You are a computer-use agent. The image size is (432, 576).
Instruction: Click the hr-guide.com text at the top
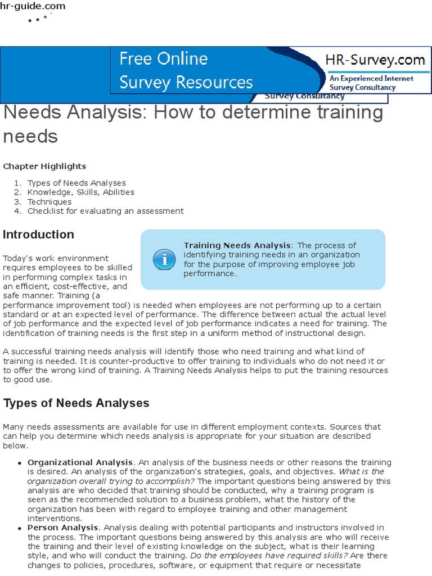tap(33, 6)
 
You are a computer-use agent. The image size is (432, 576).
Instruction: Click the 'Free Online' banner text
tap(163, 58)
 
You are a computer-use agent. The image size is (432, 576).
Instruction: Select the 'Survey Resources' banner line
tap(186, 82)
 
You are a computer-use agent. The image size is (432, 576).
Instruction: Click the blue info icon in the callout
tap(164, 259)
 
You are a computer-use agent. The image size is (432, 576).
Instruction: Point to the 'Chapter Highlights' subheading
tap(44, 166)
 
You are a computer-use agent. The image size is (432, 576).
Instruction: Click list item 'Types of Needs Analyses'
tap(76, 183)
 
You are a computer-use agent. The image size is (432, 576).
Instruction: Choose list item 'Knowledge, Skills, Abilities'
tap(81, 192)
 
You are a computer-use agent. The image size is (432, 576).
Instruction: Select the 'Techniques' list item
tap(49, 201)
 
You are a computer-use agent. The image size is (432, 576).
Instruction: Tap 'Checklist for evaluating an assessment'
tap(105, 211)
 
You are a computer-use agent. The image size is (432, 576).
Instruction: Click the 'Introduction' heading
tap(38, 235)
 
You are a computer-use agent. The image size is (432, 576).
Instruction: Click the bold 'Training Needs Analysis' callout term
tap(237, 245)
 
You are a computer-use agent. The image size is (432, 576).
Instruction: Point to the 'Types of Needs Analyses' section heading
tap(76, 403)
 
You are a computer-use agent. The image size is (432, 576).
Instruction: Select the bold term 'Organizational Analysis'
tap(80, 462)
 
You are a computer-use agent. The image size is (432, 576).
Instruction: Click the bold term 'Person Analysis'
tap(63, 527)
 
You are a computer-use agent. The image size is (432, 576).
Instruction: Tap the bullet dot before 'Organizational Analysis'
tap(20, 463)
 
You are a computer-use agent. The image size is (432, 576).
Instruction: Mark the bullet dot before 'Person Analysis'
tap(20, 528)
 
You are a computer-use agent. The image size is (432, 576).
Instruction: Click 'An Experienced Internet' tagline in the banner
tap(371, 79)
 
